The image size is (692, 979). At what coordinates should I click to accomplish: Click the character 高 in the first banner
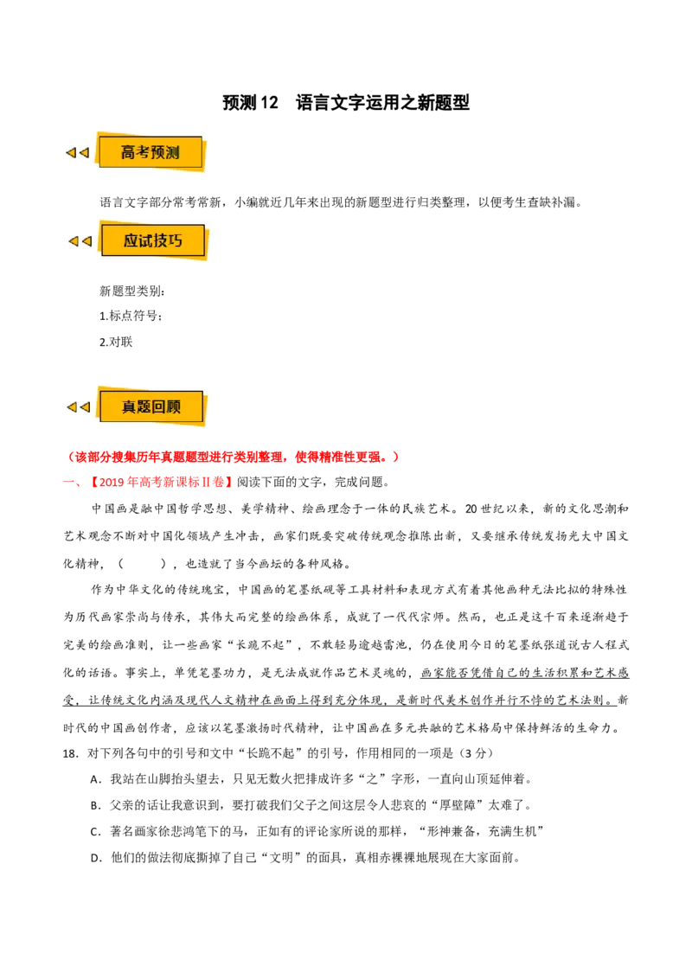pos(129,153)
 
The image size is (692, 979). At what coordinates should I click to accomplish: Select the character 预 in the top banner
pos(158,153)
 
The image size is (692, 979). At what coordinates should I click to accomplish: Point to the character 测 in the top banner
pos(173,153)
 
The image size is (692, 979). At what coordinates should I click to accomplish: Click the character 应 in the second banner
pos(131,241)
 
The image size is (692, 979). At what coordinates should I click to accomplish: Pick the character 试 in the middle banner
pos(145,241)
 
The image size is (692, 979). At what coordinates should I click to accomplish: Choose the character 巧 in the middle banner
pos(176,241)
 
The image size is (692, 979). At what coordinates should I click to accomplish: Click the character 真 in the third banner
pos(129,407)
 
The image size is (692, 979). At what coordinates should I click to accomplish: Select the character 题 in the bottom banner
pos(144,407)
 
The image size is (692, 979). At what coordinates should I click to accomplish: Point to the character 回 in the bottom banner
pos(158,407)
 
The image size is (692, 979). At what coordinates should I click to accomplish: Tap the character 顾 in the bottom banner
pos(174,407)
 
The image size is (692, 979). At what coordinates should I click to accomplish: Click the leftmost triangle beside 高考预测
pos(70,153)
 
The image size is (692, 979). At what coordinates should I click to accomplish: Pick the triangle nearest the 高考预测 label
pos(84,153)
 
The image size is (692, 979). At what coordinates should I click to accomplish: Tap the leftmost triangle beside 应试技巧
pos(73,241)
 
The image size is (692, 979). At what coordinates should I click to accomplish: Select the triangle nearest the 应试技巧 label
pos(86,241)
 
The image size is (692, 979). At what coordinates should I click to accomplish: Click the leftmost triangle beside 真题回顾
pos(71,407)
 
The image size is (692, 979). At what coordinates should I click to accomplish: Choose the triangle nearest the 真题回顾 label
pos(85,407)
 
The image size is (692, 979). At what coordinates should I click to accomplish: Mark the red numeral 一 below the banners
pos(70,483)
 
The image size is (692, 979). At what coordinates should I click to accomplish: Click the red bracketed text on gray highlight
pos(162,483)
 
